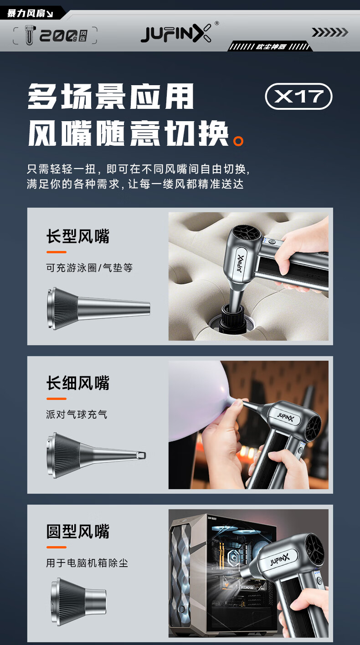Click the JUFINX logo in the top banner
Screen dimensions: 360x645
(x=176, y=33)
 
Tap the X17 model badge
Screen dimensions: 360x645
(x=298, y=96)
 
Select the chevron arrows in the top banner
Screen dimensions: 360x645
(x=330, y=32)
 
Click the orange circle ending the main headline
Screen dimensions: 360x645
(x=238, y=141)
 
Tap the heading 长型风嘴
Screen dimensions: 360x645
(x=78, y=236)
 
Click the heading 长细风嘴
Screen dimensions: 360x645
(x=78, y=383)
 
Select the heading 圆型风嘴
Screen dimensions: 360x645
(x=78, y=531)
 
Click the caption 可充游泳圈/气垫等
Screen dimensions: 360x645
(x=89, y=268)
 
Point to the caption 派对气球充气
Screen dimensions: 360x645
(x=77, y=415)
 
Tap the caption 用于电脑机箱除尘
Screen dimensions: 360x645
(x=87, y=563)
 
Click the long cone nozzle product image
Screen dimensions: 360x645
(x=98, y=308)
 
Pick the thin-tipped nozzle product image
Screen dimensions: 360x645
(x=96, y=455)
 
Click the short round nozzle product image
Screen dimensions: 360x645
(x=79, y=602)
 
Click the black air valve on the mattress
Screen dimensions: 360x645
(x=232, y=320)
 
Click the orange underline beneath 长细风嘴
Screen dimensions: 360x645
(x=57, y=399)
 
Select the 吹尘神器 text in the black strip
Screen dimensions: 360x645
(x=271, y=46)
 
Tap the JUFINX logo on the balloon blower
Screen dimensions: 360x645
(x=285, y=417)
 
